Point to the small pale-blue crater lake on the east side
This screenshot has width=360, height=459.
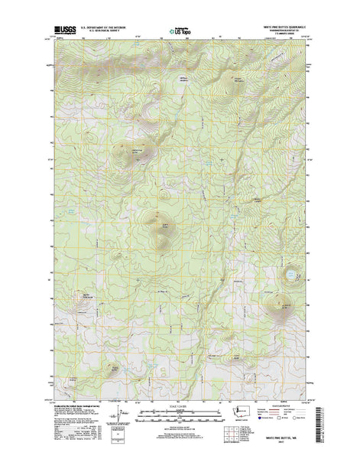point(290,271)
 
